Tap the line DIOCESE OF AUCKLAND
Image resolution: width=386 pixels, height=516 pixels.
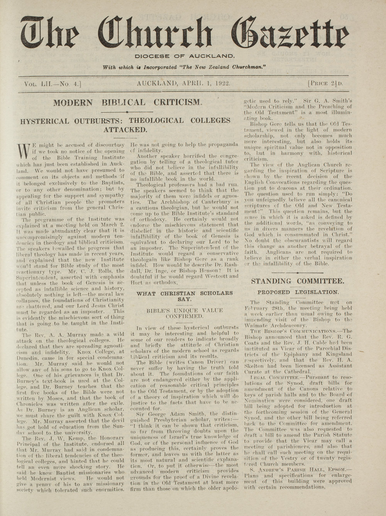tap(185, 56)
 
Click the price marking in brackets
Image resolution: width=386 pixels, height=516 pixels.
tap(325, 83)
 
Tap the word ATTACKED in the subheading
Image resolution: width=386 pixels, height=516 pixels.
tap(125, 129)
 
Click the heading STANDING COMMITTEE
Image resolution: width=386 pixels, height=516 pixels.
tap(298, 281)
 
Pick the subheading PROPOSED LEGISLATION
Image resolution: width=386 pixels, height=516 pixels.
tap(298, 292)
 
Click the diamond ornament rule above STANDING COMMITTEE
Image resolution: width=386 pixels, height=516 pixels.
tap(298, 272)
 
